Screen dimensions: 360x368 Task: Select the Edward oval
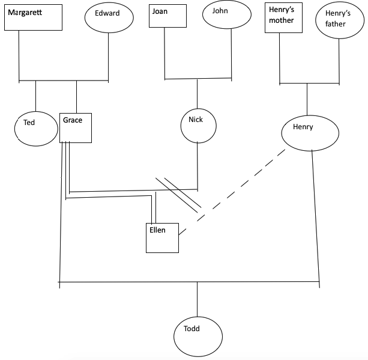pyautogui.click(x=108, y=17)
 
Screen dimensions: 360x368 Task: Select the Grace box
pyautogui.click(x=76, y=127)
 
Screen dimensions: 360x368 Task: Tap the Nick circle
pyautogui.click(x=198, y=125)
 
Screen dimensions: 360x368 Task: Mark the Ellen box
pyautogui.click(x=162, y=237)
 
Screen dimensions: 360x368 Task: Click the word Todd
pyautogui.click(x=192, y=329)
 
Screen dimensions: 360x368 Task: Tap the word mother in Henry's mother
pyautogui.click(x=282, y=20)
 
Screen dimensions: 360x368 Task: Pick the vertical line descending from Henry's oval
pyautogui.click(x=316, y=216)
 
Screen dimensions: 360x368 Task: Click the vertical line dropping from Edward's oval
pyautogui.click(x=109, y=57)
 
